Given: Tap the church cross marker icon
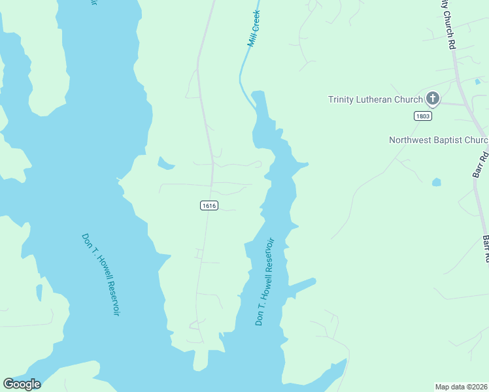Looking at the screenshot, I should [432, 99].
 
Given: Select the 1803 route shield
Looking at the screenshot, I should [422, 116].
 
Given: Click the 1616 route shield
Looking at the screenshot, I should [209, 206].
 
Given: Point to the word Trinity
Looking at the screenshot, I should [343, 100].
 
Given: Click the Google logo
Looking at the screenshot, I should [22, 384].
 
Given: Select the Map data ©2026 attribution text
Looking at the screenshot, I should [462, 387].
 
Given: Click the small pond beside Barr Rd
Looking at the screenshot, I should [436, 182].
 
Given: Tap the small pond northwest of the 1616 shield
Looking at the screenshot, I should [166, 163].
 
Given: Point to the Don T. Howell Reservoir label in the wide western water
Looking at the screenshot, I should [101, 275].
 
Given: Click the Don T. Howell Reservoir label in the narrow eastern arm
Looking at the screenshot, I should [265, 282].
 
